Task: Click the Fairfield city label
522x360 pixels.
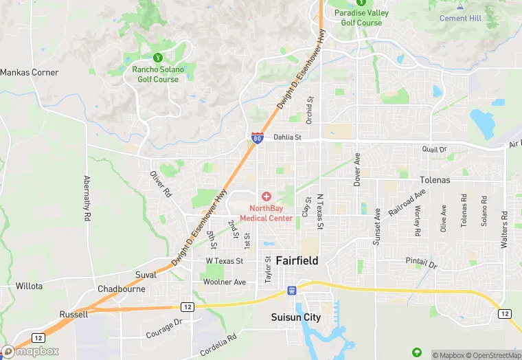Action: (297, 261)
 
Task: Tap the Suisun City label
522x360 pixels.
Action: (295, 317)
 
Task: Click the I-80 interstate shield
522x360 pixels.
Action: (256, 137)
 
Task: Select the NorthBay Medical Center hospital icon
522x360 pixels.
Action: (266, 196)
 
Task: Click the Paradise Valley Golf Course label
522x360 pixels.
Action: (361, 18)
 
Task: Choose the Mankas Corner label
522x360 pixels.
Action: (30, 72)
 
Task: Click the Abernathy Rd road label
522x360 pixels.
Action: (87, 199)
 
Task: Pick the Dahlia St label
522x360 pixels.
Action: (288, 137)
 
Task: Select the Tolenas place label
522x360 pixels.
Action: (435, 180)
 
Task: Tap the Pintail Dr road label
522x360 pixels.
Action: (421, 262)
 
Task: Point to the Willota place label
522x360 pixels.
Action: (29, 286)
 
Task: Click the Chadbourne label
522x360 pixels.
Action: (122, 289)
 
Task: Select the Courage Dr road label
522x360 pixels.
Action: (163, 329)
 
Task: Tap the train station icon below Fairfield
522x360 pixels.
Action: (292, 290)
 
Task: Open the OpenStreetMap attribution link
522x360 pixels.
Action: (488, 355)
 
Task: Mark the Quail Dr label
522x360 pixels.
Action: (434, 149)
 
